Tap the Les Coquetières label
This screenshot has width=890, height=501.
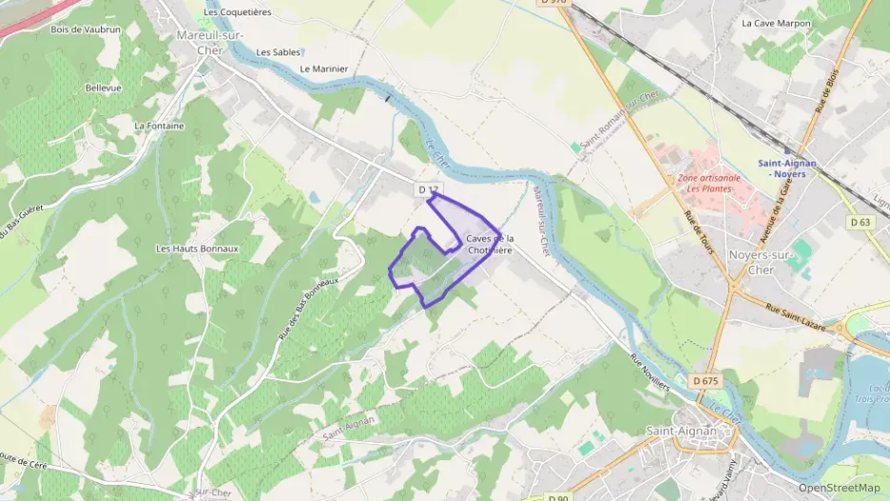(238, 12)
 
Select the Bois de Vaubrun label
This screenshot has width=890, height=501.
(86, 29)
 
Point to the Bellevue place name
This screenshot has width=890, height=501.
(104, 87)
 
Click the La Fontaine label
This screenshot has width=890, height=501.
(159, 125)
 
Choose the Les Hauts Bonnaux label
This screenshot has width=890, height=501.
(197, 249)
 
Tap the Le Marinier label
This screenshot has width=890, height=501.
(324, 69)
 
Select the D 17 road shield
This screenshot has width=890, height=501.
(428, 190)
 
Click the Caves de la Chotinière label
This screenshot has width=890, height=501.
(491, 244)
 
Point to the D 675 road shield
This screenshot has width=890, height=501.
(706, 381)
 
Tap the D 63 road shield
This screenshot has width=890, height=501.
(861, 222)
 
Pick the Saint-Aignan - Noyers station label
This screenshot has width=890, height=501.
(788, 168)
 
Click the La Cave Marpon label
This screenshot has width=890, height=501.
(776, 23)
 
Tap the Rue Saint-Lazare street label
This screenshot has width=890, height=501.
(790, 312)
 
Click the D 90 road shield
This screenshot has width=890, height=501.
(558, 497)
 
